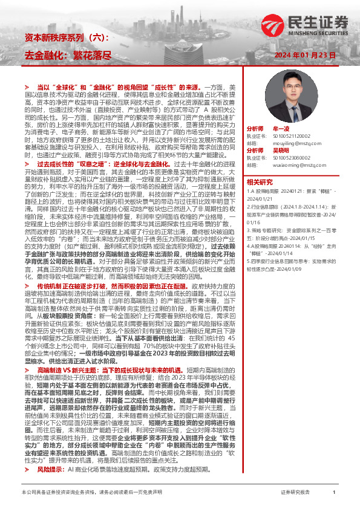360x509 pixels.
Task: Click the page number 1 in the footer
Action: [x=334, y=493]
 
